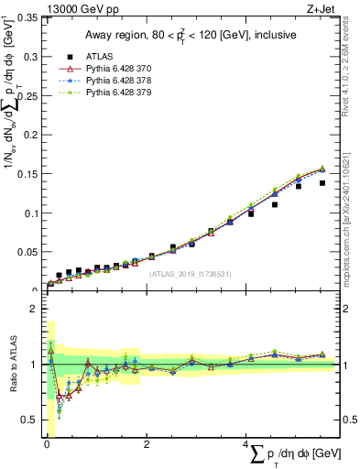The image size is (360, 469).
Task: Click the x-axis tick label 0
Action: point(47,443)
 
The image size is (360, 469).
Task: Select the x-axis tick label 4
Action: point(245,443)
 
